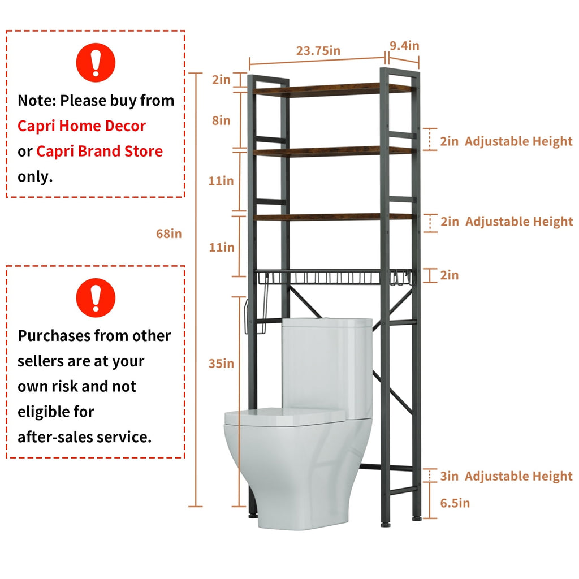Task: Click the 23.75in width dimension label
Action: point(318,50)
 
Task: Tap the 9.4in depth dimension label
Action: point(404,45)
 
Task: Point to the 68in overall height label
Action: point(169,233)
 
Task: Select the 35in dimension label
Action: point(221,364)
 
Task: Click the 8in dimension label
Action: point(221,120)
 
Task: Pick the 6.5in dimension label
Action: point(455,503)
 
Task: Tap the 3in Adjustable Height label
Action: point(506,476)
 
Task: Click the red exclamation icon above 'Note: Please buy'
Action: point(96,62)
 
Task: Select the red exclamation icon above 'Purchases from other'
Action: point(96,297)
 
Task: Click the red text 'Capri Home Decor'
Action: point(81,126)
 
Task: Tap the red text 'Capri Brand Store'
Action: point(100,152)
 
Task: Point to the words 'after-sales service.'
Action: point(84,437)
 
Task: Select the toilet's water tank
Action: point(326,362)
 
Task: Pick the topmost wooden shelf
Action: point(334,90)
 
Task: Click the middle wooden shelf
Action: point(334,152)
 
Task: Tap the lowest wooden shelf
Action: point(334,217)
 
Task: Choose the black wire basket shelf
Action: point(334,277)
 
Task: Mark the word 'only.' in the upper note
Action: point(35,176)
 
